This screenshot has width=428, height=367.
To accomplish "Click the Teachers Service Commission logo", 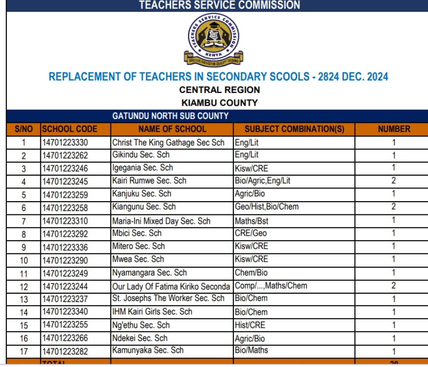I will tap(214, 40).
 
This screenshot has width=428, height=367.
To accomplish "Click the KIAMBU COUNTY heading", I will tap(219, 103).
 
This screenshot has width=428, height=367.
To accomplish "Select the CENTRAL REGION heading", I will tap(219, 90).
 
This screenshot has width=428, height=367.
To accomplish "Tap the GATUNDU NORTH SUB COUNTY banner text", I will tap(171, 116).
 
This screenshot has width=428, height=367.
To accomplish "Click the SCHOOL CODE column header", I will tap(70, 129).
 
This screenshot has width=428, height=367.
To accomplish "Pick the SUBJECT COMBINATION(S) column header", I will tap(294, 129).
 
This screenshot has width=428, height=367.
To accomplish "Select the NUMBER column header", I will tap(394, 129).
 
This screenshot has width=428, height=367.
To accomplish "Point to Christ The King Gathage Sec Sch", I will tap(168, 143).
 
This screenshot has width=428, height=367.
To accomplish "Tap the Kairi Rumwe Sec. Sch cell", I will tap(149, 181).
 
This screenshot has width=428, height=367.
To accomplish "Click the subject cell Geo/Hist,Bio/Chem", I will tap(266, 207).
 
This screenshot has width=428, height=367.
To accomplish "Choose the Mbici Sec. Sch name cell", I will tap(137, 233).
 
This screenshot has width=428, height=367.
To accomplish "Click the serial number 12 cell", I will tap(24, 286).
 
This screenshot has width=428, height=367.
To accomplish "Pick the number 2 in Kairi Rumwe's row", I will tap(394, 181).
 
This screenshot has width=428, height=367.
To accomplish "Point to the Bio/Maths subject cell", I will tap(251, 350).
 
